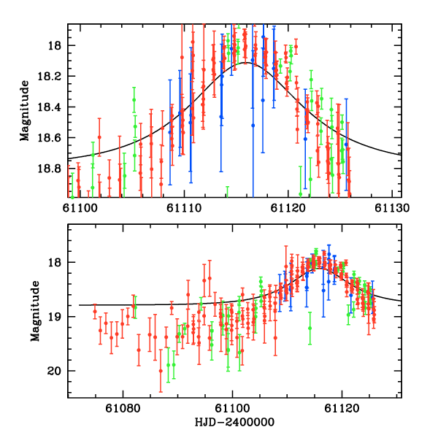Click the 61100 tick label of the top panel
click(x=80, y=207)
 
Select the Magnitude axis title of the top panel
click(x=25, y=110)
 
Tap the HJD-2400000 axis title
click(x=233, y=422)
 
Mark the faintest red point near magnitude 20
click(x=161, y=371)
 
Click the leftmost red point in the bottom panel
click(x=94, y=312)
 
